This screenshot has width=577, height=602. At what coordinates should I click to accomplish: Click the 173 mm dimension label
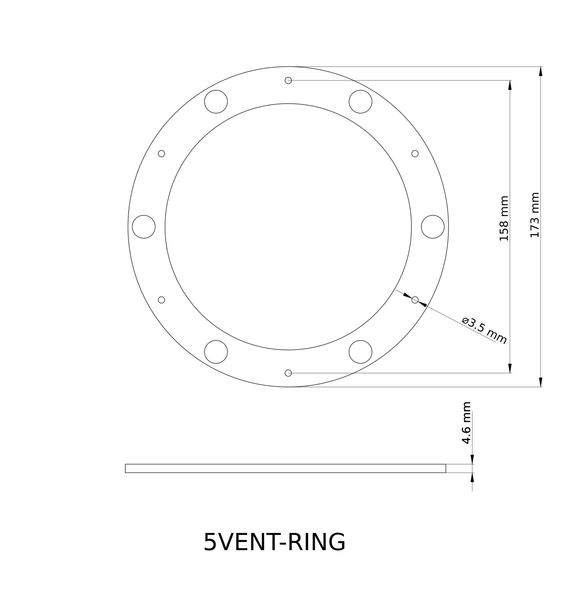(x=535, y=215)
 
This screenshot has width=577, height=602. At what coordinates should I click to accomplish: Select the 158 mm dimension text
(x=504, y=218)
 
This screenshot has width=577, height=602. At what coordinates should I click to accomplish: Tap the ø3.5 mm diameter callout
(x=484, y=331)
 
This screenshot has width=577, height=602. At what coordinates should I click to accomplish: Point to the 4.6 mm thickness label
(x=466, y=422)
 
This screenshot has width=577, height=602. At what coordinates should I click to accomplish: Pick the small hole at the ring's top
(x=288, y=80)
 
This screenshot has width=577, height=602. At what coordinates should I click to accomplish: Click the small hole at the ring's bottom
(x=288, y=373)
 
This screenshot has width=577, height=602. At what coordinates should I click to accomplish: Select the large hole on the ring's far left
(x=144, y=227)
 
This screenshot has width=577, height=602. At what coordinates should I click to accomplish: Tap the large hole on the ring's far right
(x=433, y=227)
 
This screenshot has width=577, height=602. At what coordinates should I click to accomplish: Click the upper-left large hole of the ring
(x=216, y=102)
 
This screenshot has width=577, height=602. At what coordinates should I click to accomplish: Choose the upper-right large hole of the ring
(x=360, y=102)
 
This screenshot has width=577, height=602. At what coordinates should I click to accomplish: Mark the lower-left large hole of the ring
(x=216, y=352)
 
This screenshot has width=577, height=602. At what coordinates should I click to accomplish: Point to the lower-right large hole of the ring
(x=360, y=352)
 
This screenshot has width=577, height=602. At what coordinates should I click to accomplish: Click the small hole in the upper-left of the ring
(x=162, y=154)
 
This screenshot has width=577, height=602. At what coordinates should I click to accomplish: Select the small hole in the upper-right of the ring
(x=415, y=154)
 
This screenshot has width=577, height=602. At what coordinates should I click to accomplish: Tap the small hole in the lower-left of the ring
(x=162, y=300)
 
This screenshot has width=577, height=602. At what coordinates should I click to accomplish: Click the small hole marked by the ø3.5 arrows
(x=415, y=300)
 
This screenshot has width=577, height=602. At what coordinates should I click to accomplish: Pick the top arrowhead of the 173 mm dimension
(x=541, y=71)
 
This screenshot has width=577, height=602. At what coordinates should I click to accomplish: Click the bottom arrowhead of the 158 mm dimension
(x=510, y=368)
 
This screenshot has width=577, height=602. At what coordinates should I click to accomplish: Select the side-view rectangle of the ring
(x=286, y=468)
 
